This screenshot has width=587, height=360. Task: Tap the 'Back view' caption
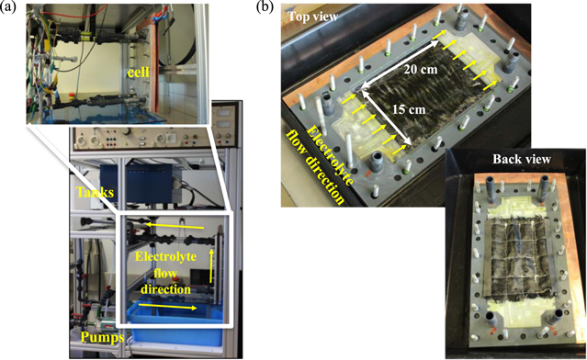[520, 159]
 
